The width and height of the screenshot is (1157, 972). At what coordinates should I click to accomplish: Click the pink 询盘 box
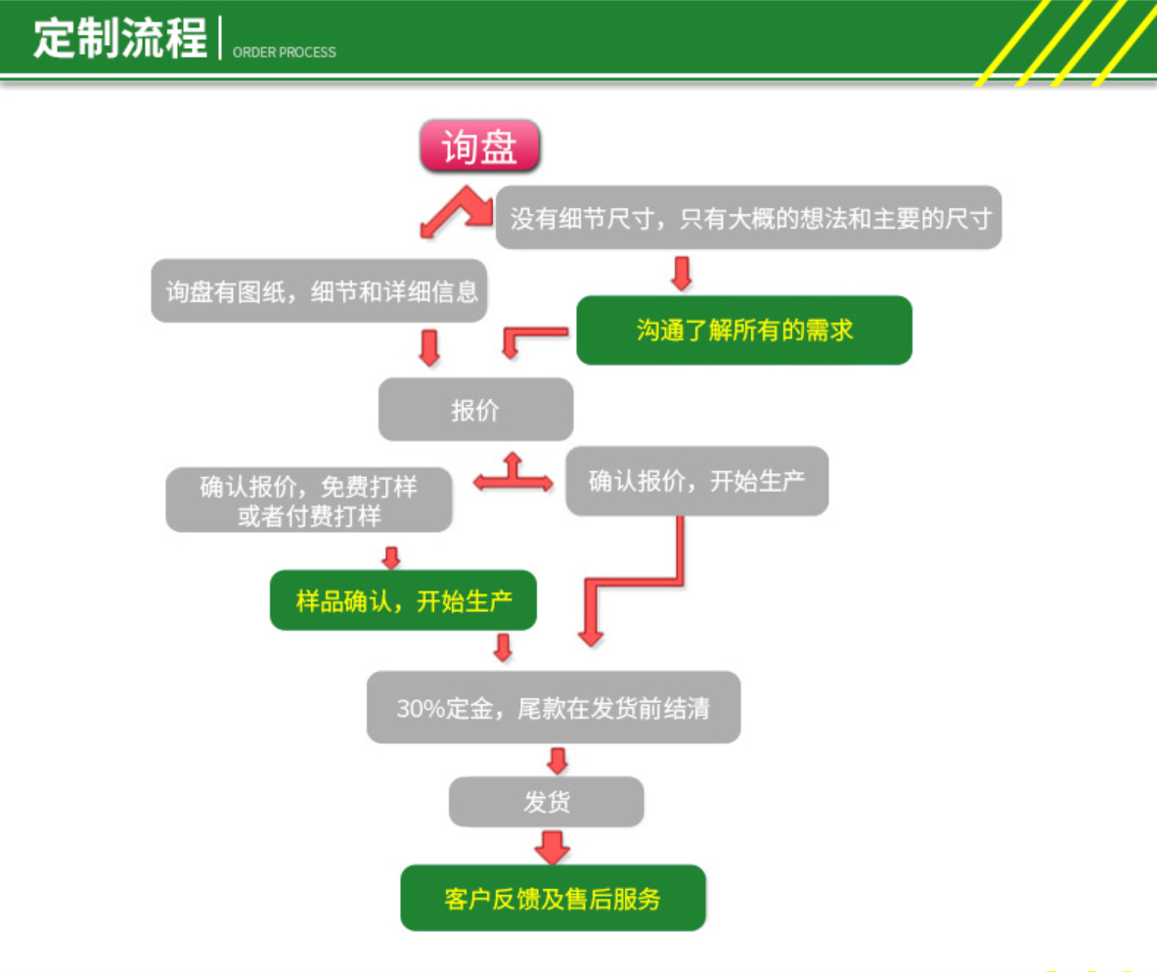pos(479,146)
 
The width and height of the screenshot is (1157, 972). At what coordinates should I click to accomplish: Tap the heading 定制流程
pos(120,38)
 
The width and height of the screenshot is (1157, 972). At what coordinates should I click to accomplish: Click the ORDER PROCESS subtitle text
pos(284,53)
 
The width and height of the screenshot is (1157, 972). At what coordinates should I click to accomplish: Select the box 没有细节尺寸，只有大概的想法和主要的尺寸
pos(748,217)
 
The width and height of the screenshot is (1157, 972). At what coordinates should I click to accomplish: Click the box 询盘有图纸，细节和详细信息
pos(319,290)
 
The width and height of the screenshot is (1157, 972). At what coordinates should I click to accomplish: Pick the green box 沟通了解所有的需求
pos(743,330)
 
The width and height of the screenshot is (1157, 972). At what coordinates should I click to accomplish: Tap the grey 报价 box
pos(475,410)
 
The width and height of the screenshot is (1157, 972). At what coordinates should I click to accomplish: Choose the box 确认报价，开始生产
pos(696,480)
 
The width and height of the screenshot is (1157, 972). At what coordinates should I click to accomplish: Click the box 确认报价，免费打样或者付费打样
pos(308,500)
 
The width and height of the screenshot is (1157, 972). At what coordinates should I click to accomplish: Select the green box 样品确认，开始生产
pos(403,600)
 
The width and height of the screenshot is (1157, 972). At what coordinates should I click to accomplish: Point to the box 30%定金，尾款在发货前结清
pos(554,707)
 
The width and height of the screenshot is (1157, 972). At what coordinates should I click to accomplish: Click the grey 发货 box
pos(546,801)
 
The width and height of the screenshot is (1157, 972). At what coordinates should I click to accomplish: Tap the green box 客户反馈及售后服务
pos(553,898)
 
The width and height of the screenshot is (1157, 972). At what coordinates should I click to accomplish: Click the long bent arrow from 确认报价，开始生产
pos(636,582)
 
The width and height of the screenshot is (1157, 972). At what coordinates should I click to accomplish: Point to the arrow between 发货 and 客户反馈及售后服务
pos(552,847)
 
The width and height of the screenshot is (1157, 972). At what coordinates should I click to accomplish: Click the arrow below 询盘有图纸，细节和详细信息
pos(429,348)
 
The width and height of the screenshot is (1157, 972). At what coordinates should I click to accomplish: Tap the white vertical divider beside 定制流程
pos(220,37)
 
